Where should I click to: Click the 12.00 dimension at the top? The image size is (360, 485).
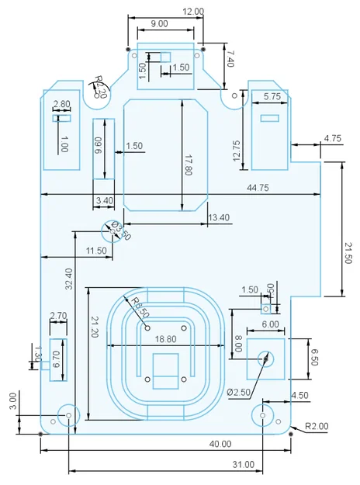click(193, 12)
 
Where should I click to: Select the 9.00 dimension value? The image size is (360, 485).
click(159, 24)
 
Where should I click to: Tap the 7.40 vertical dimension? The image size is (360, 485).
click(229, 57)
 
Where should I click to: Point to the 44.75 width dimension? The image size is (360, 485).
click(258, 188)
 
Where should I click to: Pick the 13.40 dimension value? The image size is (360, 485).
click(220, 218)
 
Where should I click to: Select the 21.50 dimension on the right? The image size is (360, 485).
click(347, 252)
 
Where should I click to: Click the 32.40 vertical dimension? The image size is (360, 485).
click(69, 279)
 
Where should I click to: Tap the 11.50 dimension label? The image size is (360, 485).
click(96, 251)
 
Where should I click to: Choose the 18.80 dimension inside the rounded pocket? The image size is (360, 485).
click(165, 339)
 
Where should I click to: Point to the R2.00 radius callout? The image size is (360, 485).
click(316, 426)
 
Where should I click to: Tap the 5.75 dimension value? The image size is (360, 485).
click(272, 96)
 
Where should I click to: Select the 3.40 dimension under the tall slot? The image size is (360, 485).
click(103, 201)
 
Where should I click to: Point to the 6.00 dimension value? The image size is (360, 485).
click(270, 324)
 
